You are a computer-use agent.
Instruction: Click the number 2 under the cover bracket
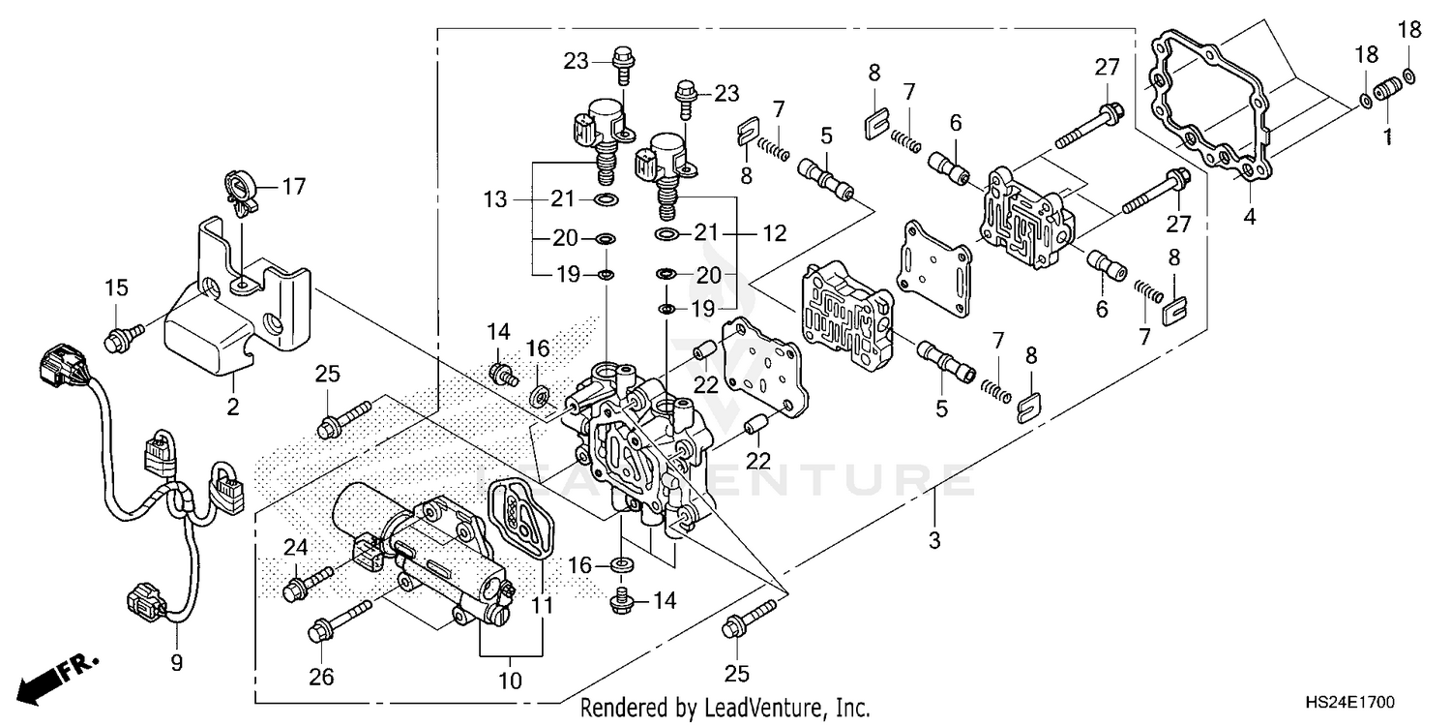coord(232,407)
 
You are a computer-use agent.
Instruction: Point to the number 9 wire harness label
coord(177,663)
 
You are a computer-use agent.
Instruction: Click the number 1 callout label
coord(1387,138)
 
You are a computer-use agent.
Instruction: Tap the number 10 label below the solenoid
coord(510,681)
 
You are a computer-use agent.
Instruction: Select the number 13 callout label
coord(495,199)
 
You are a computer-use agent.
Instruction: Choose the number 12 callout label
coord(774,233)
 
